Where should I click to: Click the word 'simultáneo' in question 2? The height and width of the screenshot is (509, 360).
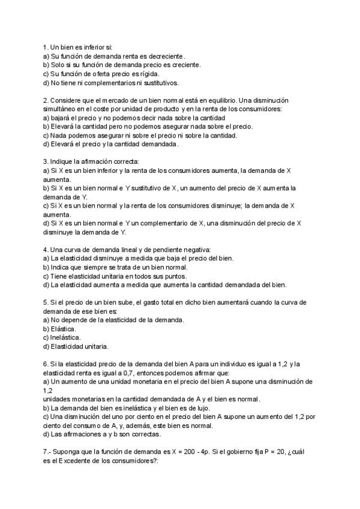pyautogui.click(x=62, y=109)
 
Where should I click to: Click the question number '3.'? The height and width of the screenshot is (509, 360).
pyautogui.click(x=46, y=162)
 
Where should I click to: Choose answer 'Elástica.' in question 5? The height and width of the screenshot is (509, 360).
pyautogui.click(x=64, y=329)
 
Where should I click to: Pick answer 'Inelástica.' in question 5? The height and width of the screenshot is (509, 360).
pyautogui.click(x=66, y=337)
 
